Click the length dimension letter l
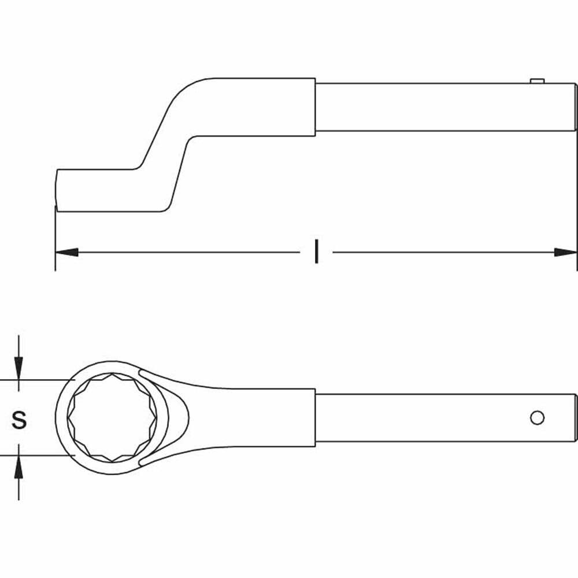(x=316, y=252)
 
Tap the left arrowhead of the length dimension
(x=66, y=253)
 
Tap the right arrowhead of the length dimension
(x=565, y=253)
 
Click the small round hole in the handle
(x=537, y=417)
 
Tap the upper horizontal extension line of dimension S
(x=35, y=380)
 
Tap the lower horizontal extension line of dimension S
(x=35, y=455)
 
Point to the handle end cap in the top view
(x=576, y=417)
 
